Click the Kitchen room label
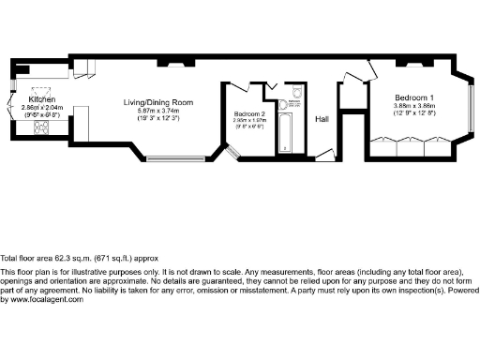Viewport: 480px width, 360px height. [x=44, y=97]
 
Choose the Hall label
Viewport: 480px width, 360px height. [x=322, y=120]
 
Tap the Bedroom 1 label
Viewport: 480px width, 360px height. [x=413, y=97]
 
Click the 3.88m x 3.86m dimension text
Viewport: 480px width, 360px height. [x=413, y=105]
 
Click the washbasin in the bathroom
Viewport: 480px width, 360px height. [x=273, y=92]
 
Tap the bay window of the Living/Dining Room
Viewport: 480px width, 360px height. [x=172, y=155]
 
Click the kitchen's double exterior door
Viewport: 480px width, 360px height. [x=10, y=105]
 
